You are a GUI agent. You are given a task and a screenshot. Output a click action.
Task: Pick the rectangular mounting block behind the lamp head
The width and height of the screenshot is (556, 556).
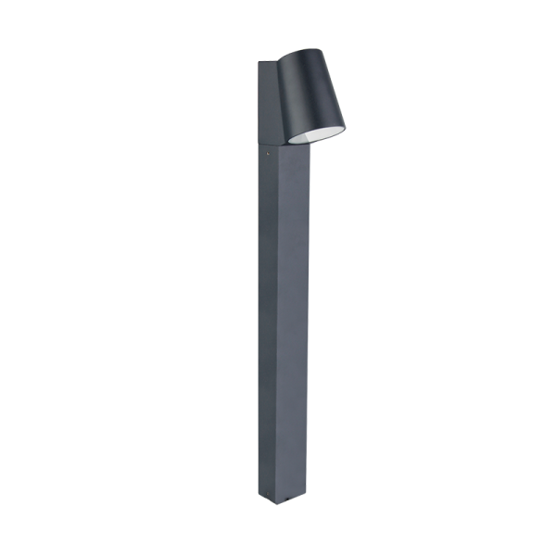[x=267, y=102]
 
